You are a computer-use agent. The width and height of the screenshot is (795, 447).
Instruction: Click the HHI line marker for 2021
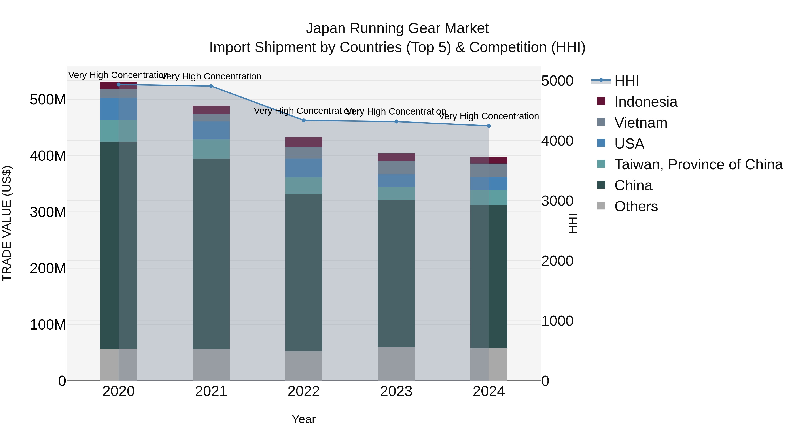(211, 86)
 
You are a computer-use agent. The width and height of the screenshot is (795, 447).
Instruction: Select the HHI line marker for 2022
(304, 120)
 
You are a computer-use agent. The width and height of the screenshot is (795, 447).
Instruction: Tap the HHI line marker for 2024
(489, 126)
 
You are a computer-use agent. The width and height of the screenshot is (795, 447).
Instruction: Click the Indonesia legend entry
(646, 102)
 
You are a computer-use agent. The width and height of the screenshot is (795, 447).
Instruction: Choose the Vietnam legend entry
(641, 123)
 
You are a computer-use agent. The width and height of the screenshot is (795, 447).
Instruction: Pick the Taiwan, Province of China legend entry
(698, 164)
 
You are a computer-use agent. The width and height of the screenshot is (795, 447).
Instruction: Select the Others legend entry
(636, 206)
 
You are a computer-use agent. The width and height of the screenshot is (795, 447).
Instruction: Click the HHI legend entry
(627, 81)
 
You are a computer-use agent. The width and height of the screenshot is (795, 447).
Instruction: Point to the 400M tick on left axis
(48, 156)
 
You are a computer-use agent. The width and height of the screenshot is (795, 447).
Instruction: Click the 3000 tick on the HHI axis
(557, 201)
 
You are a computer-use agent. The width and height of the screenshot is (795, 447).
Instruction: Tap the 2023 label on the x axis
(396, 391)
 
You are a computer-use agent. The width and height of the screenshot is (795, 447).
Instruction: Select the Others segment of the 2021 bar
(211, 365)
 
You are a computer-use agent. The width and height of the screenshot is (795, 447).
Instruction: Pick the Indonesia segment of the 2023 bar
(396, 157)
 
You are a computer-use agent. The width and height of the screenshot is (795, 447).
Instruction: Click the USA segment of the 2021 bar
(211, 130)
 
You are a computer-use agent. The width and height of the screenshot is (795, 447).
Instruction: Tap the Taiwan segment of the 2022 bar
(304, 185)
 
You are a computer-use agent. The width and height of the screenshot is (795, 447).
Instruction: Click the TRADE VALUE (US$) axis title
(7, 223)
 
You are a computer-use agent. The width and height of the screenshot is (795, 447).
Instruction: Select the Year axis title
(304, 419)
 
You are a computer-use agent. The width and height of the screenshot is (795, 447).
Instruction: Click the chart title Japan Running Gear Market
(397, 28)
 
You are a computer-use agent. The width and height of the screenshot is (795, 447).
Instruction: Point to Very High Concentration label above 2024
(489, 116)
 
